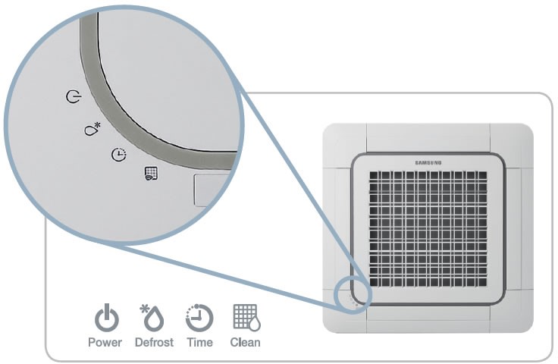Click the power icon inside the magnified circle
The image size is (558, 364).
tap(74, 96)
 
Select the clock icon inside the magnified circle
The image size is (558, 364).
tap(119, 155)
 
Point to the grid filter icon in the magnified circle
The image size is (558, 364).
tap(151, 174)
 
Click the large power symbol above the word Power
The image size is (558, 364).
tap(107, 318)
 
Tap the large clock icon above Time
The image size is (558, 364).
tap(199, 318)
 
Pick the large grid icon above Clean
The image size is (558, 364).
tap(246, 317)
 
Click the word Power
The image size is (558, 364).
tap(105, 342)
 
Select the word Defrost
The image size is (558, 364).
tap(154, 342)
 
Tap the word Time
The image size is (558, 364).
tap(199, 342)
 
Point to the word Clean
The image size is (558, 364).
tap(245, 342)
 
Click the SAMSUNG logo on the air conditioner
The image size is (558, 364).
tap(428, 162)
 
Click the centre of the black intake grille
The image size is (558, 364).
tap(428, 229)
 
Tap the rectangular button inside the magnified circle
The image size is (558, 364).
tap(210, 190)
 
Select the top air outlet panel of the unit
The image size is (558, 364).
tap(428, 138)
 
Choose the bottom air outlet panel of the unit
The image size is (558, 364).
tap(428, 319)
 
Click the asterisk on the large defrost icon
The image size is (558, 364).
tap(144, 308)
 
